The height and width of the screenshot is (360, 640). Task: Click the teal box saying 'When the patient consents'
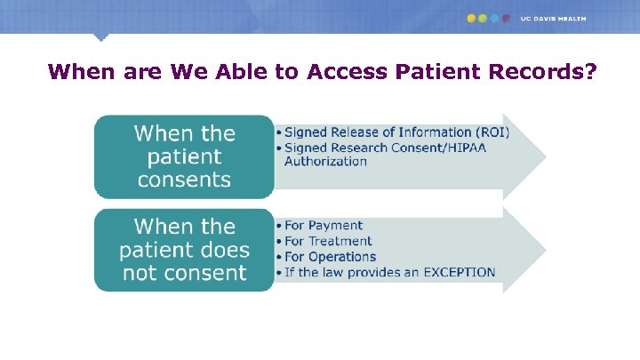pos(184,156)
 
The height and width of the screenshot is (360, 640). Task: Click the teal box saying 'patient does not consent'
pos(184,250)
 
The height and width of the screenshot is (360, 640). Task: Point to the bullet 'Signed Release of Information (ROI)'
pos(396,132)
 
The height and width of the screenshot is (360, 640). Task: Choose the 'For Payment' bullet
pos(324,226)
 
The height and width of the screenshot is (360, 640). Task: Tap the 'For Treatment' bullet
pos(328,241)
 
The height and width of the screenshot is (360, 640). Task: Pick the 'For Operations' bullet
pos(330,256)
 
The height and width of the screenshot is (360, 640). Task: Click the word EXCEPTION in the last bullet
pos(454,272)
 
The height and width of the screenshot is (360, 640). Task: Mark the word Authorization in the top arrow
pos(325,161)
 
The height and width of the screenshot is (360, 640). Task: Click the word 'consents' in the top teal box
pos(184,180)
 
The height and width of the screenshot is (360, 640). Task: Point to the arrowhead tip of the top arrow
pos(544,156)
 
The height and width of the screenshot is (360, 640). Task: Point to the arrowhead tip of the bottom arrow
pos(544,250)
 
